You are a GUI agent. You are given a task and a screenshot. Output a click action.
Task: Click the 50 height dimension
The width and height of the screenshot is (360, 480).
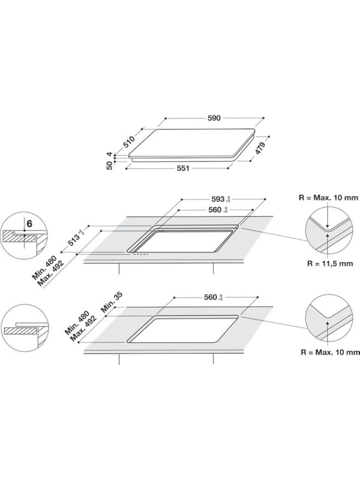click(110, 165)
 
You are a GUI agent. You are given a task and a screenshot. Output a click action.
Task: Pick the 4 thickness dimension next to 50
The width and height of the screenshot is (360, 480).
click(110, 154)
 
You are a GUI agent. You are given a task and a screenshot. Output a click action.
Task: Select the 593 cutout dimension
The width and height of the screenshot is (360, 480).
click(218, 199)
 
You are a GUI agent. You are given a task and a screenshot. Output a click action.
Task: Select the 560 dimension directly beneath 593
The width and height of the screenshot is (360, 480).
click(218, 210)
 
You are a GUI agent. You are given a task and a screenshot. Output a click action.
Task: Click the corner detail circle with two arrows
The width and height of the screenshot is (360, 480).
click(328, 229)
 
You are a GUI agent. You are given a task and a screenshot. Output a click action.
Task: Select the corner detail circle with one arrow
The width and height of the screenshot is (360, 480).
click(328, 320)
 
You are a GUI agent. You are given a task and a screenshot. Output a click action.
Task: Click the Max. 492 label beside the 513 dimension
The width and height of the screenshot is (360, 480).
click(58, 272)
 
